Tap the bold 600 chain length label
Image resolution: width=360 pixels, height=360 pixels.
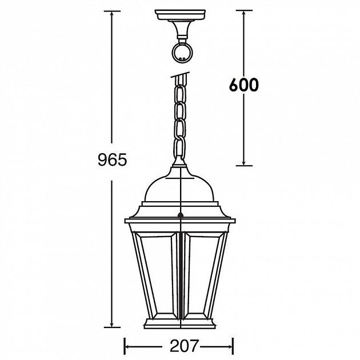coord(244,85)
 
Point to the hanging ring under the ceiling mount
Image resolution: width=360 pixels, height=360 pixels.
coord(181,53)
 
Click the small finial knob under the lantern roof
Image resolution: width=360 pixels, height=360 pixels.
coord(181,216)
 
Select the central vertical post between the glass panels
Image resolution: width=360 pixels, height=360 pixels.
coord(181,274)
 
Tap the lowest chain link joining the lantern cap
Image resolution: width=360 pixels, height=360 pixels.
coord(181,154)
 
